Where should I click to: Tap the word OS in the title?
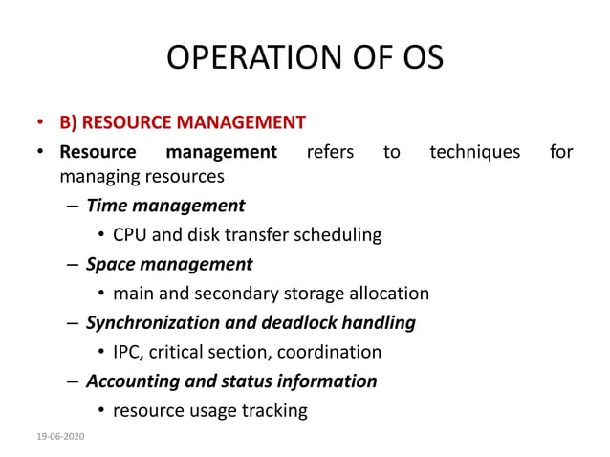417,58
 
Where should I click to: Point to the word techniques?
475,151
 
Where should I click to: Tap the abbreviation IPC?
128,352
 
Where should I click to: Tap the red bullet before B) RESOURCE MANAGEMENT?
41,123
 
